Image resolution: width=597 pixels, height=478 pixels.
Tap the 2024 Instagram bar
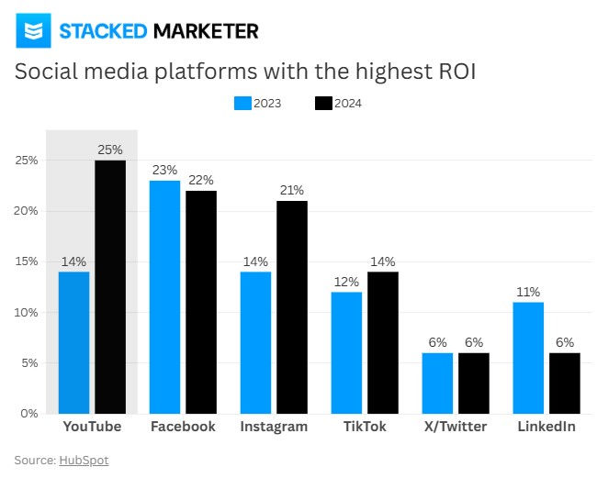tap(292, 306)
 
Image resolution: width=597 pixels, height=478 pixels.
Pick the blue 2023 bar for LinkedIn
tap(528, 357)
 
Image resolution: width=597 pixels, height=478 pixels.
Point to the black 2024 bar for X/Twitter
tap(474, 383)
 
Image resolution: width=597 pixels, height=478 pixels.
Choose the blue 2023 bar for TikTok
tap(347, 352)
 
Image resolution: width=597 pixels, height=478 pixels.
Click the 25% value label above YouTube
tap(110, 150)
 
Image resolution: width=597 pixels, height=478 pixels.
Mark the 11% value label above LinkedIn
tap(528, 292)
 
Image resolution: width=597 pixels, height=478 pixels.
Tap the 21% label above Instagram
tap(292, 190)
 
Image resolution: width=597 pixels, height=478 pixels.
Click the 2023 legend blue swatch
tap(242, 104)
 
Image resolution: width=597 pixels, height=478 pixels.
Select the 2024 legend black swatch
tap(322, 104)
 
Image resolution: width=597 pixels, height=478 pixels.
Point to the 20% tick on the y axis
tap(26, 211)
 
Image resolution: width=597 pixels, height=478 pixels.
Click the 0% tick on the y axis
tap(28, 414)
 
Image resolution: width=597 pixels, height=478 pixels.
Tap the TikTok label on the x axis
tap(365, 428)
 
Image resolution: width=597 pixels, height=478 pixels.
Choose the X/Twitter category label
tap(456, 428)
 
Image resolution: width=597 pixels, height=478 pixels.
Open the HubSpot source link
tap(84, 460)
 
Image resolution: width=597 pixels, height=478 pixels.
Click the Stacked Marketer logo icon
tap(33, 32)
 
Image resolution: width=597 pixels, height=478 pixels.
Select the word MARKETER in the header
tap(206, 32)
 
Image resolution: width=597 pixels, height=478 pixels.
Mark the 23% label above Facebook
tap(165, 170)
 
